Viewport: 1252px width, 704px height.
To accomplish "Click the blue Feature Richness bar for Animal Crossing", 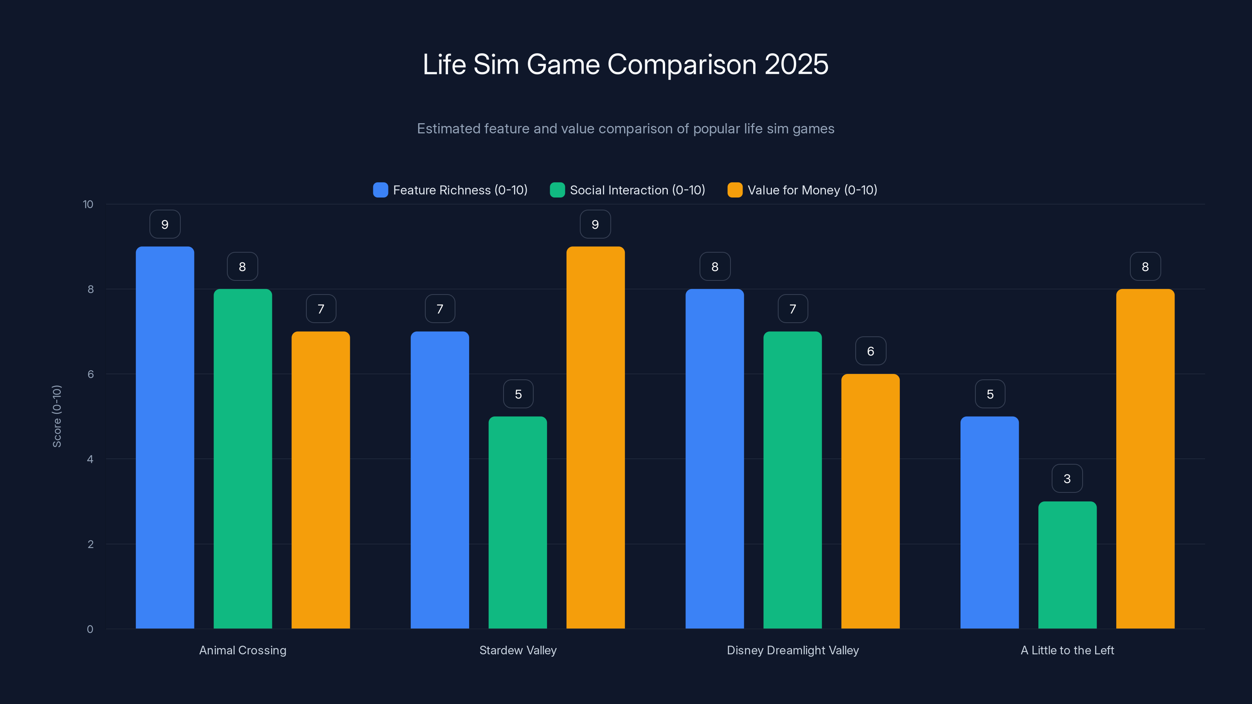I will pos(165,437).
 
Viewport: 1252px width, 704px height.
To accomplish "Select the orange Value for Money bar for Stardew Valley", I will pos(595,437).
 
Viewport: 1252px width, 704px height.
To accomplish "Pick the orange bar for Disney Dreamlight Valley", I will pos(871,501).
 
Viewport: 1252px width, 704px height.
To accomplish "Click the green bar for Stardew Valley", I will pos(518,522).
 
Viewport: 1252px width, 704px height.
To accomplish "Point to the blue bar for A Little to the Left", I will pos(989,522).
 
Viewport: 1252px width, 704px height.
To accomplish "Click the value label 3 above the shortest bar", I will pos(1067,479).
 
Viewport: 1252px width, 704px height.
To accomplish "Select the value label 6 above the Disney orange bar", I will pos(871,351).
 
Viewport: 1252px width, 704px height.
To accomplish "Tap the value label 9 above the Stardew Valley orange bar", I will pos(595,224).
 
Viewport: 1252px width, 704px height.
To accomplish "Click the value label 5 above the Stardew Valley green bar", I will pos(518,394).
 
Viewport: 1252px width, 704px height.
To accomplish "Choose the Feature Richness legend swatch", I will pos(381,190).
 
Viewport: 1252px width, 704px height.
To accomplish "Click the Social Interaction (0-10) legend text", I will pos(637,190).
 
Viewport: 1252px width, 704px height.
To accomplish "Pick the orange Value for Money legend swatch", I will pos(735,190).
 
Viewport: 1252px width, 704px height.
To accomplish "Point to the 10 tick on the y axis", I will pos(88,204).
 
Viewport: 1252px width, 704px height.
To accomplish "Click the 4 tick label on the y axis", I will pos(90,459).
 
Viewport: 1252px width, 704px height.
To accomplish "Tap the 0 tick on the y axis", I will pos(90,629).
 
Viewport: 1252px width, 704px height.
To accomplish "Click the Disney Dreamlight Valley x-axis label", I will pos(793,650).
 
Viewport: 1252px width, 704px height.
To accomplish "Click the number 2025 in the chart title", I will pos(796,64).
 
